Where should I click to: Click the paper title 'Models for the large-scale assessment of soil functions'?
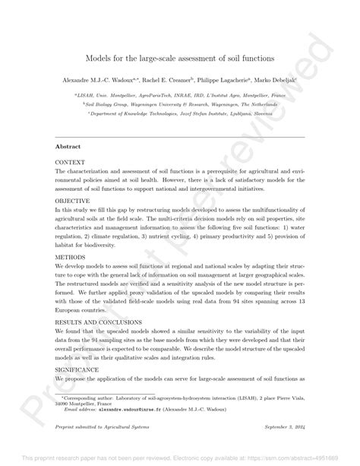pyautogui.click(x=179, y=58)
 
